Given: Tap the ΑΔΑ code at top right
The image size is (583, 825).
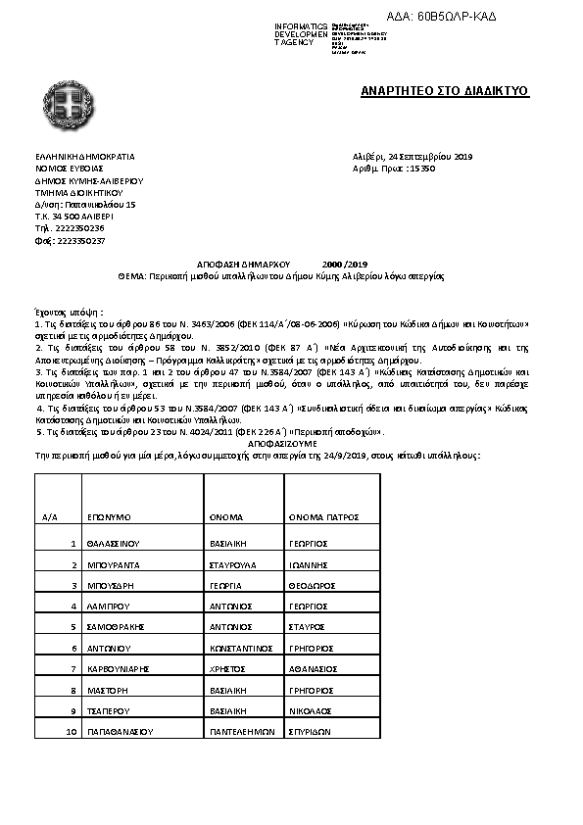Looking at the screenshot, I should pyautogui.click(x=470, y=17).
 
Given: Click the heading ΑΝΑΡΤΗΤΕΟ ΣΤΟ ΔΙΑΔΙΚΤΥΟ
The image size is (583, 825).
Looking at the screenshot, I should pyautogui.click(x=444, y=91).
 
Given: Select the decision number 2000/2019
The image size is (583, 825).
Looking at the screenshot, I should pyautogui.click(x=344, y=265).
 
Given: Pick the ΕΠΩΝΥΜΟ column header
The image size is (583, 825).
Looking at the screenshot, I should pyautogui.click(x=110, y=515).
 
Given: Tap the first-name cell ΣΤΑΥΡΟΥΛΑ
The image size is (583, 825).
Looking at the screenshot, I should pyautogui.click(x=233, y=564).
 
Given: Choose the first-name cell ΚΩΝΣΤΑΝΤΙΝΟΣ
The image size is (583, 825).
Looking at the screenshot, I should pyautogui.click(x=239, y=648).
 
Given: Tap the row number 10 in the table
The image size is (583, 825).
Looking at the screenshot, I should pyautogui.click(x=71, y=732).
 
